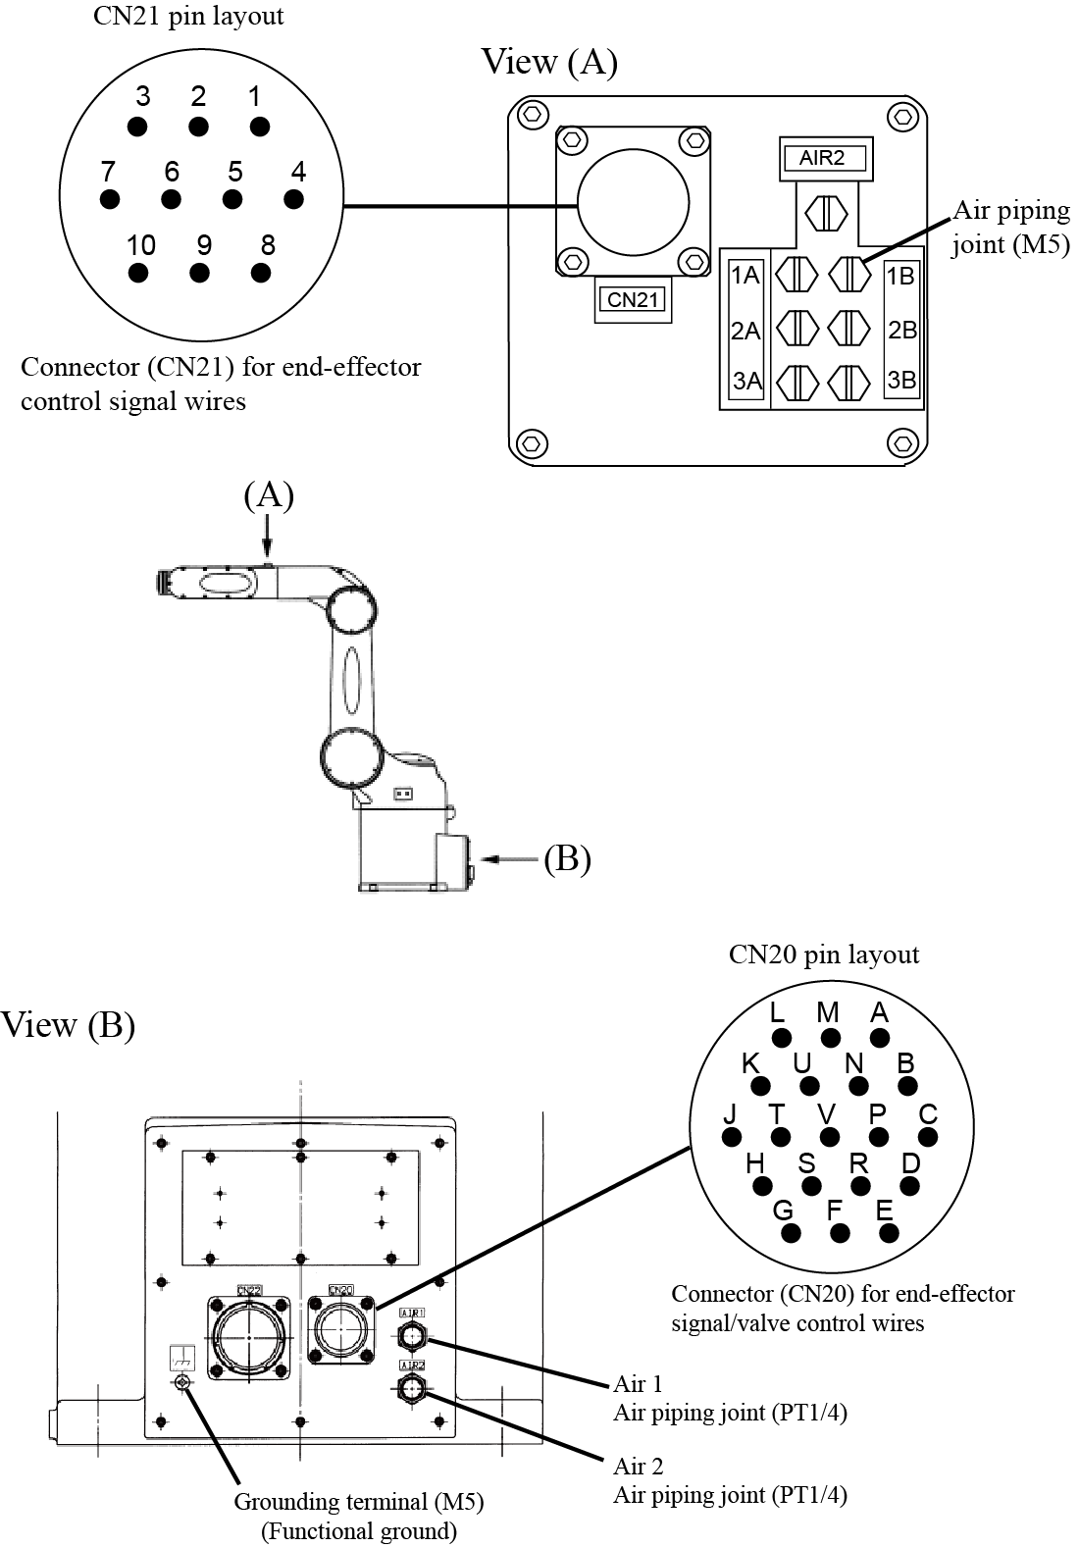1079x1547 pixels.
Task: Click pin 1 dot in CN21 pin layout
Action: (260, 127)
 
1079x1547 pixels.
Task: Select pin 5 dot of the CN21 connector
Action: (232, 199)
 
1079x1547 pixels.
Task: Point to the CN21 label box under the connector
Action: (633, 300)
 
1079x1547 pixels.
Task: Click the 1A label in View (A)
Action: (746, 276)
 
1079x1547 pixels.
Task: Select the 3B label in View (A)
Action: (900, 380)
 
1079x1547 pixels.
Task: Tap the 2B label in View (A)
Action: (901, 330)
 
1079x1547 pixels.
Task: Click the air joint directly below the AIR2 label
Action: (825, 212)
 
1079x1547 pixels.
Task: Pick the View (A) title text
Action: (549, 62)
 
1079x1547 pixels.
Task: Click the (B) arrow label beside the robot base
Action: (567, 858)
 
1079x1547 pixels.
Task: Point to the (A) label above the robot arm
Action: (269, 495)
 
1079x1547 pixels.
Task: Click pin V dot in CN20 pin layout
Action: (830, 1137)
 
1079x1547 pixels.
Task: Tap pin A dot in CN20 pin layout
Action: (880, 1038)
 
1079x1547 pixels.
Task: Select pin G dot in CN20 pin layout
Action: (792, 1233)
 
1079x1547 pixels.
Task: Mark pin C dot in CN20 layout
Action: (928, 1137)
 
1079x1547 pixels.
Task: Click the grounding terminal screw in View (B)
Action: (181, 1382)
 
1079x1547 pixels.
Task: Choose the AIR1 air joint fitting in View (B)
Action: (412, 1335)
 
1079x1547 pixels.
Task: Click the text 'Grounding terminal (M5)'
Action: (358, 1502)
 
